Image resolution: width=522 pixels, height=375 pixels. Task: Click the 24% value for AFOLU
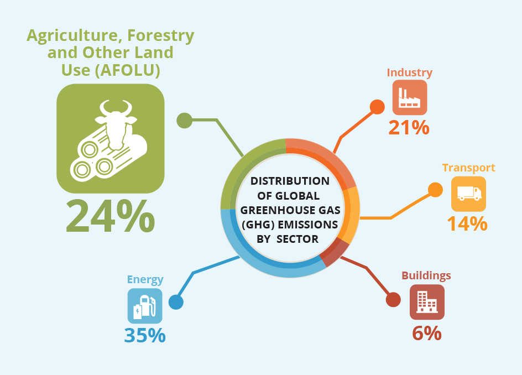click(x=110, y=216)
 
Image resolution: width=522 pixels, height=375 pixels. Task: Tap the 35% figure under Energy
click(x=145, y=335)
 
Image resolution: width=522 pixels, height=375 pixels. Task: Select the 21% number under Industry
click(x=409, y=128)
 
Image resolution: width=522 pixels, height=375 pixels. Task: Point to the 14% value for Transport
click(x=467, y=223)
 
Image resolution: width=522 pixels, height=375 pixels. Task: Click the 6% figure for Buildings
click(x=427, y=333)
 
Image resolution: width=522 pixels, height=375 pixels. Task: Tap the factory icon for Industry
click(x=410, y=97)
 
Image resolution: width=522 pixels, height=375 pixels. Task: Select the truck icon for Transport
click(x=469, y=194)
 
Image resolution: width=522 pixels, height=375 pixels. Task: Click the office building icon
click(x=427, y=302)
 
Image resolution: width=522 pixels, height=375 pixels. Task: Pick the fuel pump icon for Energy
click(x=145, y=306)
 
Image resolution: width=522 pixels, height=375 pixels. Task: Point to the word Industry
click(x=410, y=72)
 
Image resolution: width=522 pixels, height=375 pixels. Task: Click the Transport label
click(x=469, y=168)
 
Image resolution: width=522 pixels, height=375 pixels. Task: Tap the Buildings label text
click(x=426, y=275)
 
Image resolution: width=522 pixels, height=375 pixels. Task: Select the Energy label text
click(x=145, y=279)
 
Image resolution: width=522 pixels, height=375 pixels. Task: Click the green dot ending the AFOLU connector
click(x=185, y=120)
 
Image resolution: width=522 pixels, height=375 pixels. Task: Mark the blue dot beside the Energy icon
click(x=176, y=302)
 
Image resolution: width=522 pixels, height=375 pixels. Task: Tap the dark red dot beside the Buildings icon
click(x=393, y=299)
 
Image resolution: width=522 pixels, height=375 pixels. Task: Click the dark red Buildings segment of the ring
click(x=336, y=252)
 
